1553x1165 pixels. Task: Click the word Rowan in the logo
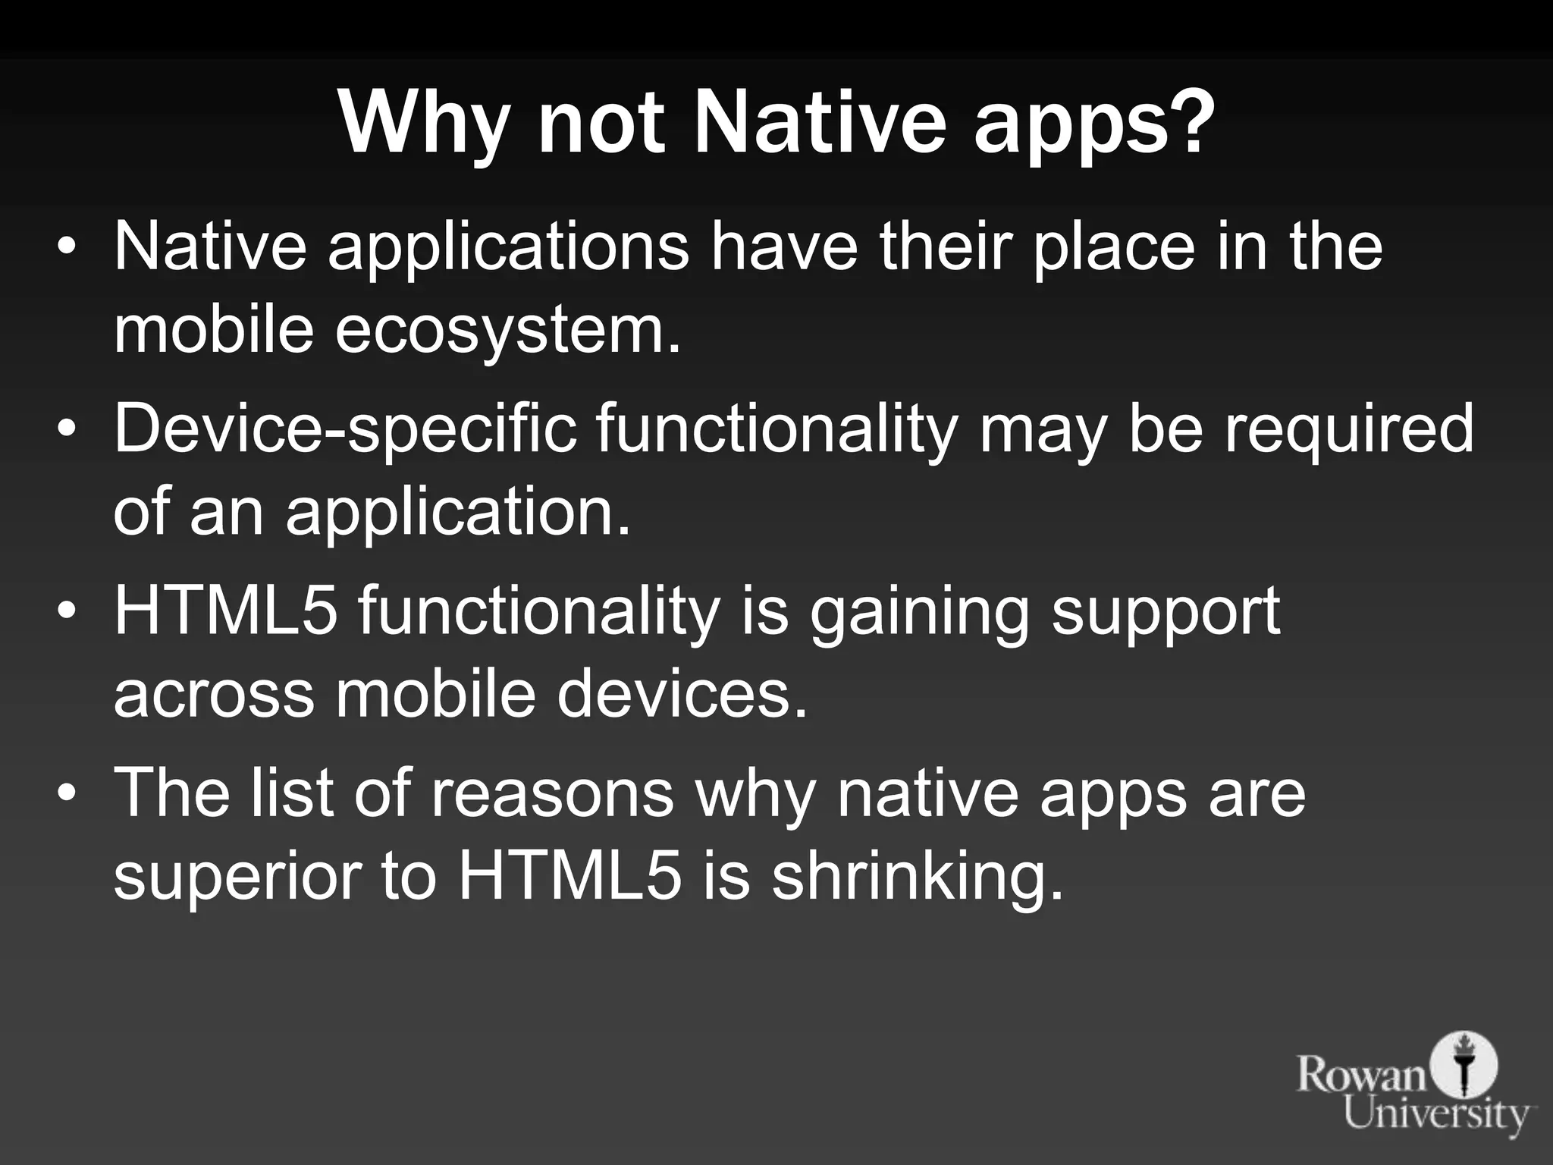[x=1362, y=1075]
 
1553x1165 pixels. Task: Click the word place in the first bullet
[x=1114, y=249]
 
